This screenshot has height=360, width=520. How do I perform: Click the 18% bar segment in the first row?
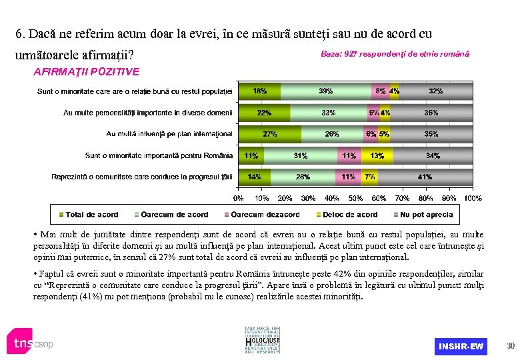(x=259, y=91)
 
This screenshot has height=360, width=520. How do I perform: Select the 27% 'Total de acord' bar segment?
(x=269, y=134)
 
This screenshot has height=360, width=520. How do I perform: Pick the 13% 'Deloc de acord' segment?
(x=377, y=155)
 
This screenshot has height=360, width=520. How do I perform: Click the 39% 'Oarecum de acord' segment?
(x=326, y=91)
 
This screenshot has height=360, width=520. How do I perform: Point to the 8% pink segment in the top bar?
(x=381, y=91)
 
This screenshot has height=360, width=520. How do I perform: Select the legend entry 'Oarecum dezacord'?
(x=262, y=215)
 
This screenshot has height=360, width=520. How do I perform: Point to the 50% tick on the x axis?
(x=355, y=198)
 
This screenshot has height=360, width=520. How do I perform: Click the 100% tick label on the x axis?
(x=472, y=198)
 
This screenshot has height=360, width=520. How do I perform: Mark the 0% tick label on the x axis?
(x=238, y=198)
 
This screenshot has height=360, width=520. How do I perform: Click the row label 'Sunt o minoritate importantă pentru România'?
(x=159, y=155)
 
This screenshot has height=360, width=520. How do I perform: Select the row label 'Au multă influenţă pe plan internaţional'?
(x=169, y=134)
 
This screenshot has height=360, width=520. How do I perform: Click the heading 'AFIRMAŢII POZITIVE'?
(x=86, y=71)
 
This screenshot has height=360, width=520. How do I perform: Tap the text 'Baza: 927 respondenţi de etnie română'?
(x=395, y=53)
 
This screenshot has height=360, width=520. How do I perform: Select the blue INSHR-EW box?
(x=461, y=346)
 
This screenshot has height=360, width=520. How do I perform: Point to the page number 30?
(x=511, y=345)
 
